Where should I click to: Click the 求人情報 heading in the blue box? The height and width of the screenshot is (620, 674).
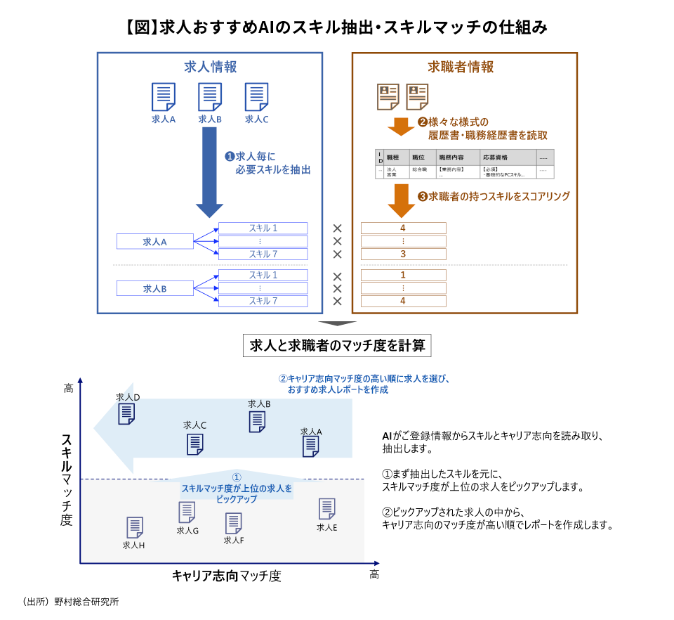click(x=210, y=67)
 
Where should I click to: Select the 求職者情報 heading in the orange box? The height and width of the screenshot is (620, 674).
click(x=461, y=67)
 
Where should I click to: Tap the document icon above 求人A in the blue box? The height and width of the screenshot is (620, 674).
click(x=164, y=97)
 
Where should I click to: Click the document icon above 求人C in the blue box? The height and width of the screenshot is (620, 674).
click(x=256, y=97)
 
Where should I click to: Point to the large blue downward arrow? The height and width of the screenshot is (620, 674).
click(x=209, y=172)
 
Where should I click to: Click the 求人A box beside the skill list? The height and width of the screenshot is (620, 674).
click(x=154, y=242)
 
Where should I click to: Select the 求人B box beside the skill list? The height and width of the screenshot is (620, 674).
click(x=154, y=288)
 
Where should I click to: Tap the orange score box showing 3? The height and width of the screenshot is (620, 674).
click(x=403, y=254)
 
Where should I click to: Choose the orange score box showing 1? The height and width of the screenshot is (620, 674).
click(x=403, y=275)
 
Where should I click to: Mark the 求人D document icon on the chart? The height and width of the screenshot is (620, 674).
click(x=126, y=413)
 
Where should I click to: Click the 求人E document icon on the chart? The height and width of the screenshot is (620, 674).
click(x=326, y=509)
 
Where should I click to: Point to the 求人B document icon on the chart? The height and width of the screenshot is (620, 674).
click(x=258, y=421)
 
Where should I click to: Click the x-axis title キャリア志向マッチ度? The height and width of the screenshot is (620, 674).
click(x=226, y=576)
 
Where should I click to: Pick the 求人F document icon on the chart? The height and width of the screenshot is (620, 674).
click(x=233, y=524)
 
